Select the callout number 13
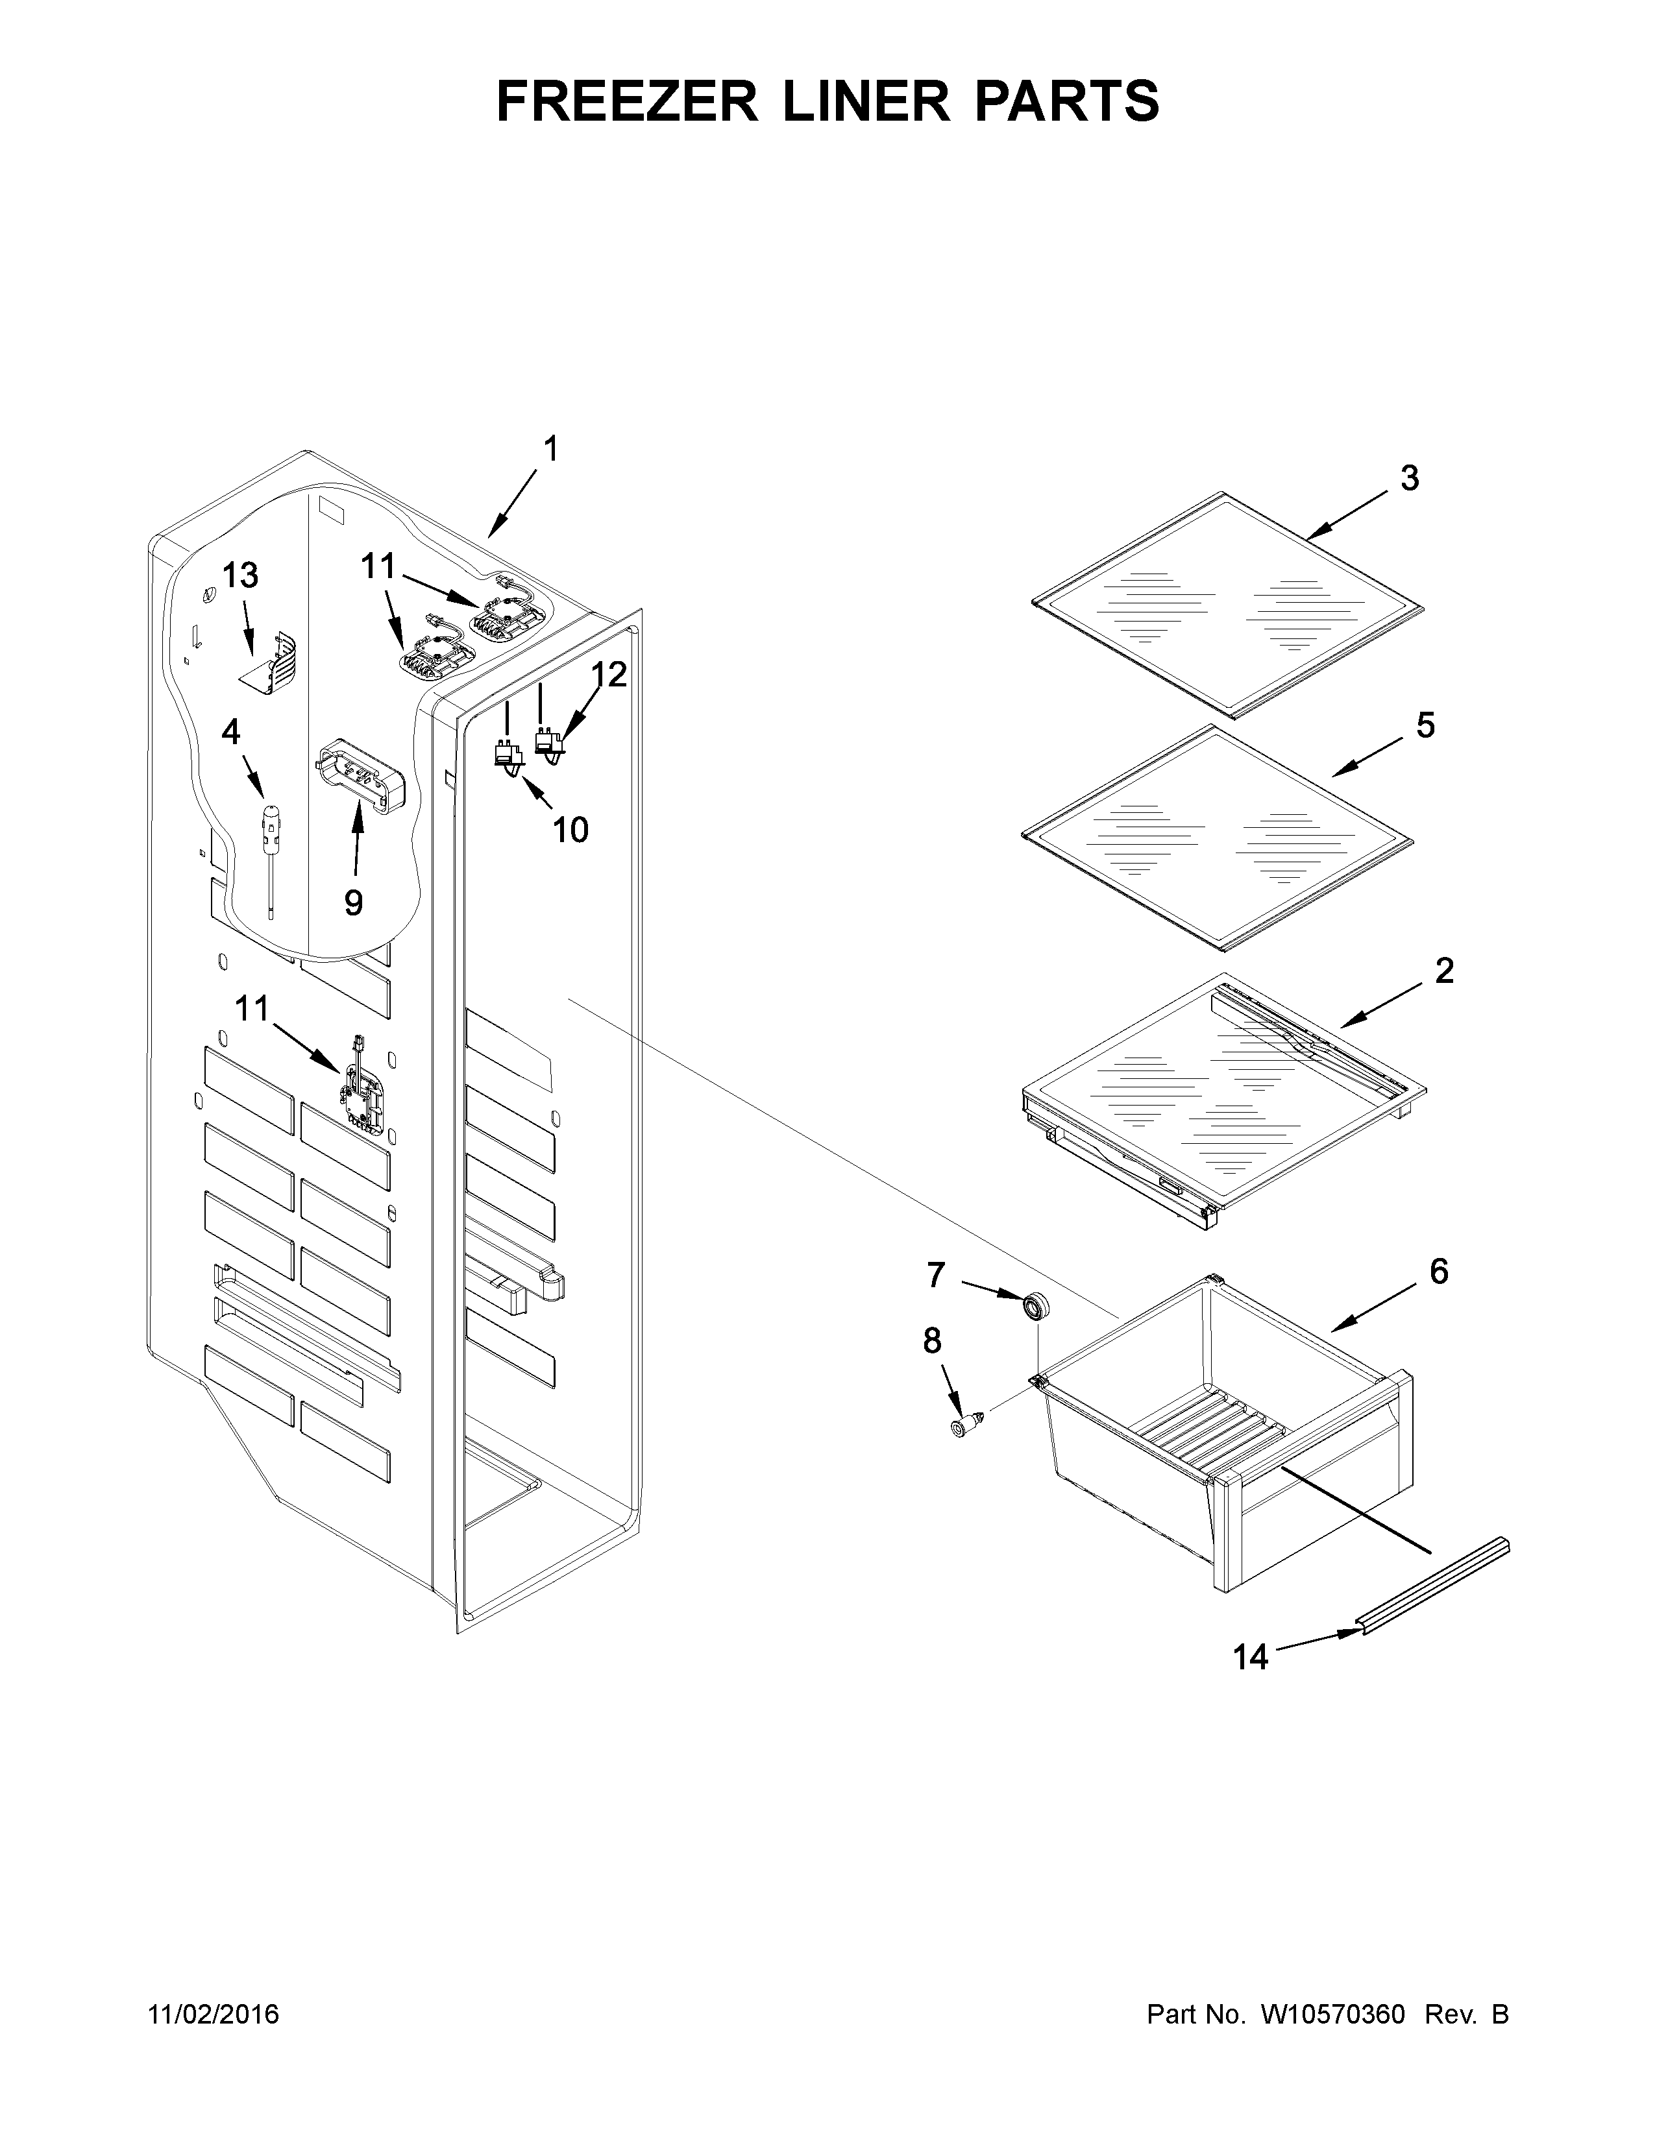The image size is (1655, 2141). (239, 575)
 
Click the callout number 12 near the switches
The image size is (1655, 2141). (608, 675)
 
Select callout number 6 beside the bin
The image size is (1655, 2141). (1438, 1272)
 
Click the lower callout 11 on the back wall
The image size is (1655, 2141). (251, 1007)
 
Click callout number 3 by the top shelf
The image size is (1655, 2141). (1409, 478)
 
